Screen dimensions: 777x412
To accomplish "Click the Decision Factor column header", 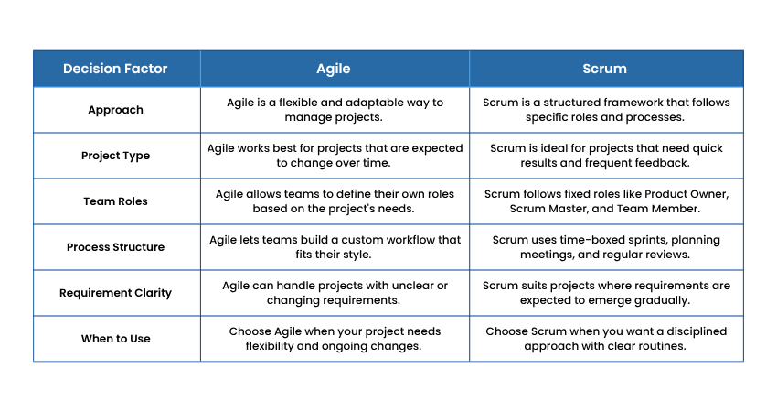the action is point(115,69).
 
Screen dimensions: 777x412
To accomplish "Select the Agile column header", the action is point(334,69).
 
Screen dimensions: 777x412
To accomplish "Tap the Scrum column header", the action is point(604,69).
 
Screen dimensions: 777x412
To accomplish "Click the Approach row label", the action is point(115,110).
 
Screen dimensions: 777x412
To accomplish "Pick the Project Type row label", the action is point(115,156).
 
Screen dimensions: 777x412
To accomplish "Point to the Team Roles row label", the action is point(115,201).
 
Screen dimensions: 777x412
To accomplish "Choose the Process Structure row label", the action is point(115,246).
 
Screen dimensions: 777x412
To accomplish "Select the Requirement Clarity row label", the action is point(115,293).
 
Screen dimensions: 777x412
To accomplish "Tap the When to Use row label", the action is point(115,339).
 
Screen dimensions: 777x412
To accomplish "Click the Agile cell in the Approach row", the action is point(335,110).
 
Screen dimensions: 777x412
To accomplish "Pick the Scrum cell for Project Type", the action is point(605,156).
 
